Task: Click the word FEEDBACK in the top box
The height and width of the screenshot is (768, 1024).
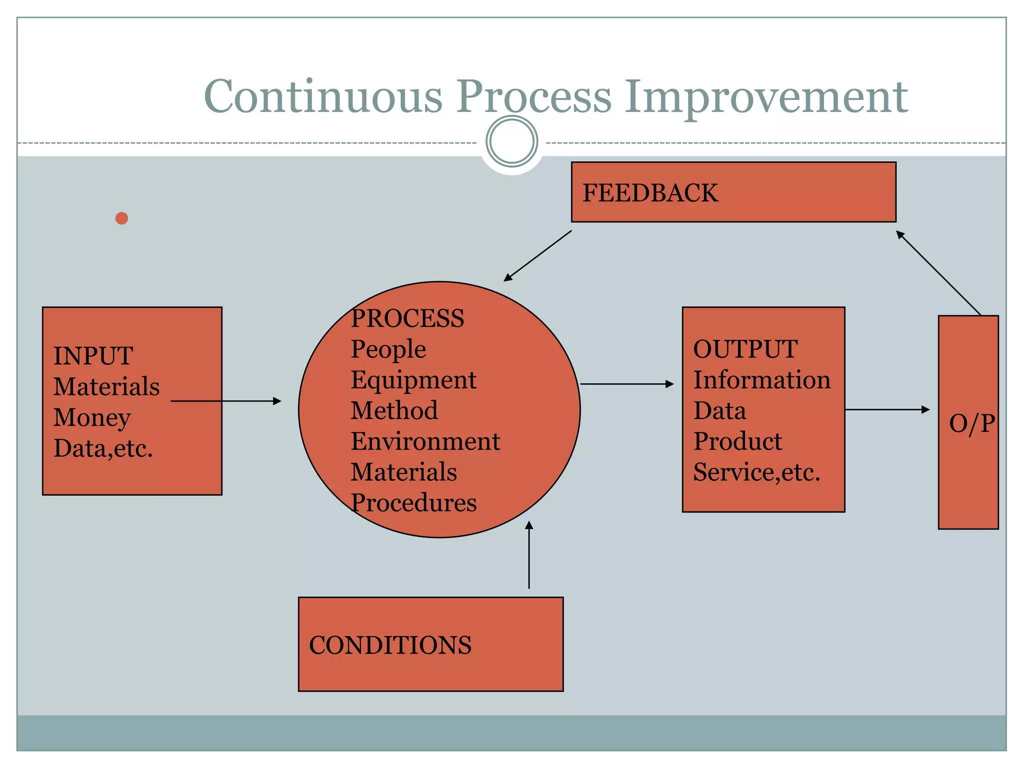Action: coord(650,193)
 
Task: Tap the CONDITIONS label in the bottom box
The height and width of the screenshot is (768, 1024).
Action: coord(390,645)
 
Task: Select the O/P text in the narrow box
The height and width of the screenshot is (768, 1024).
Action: coord(971,423)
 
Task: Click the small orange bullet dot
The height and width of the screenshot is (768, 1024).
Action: coord(121,218)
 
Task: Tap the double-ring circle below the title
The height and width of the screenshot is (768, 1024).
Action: coord(511,141)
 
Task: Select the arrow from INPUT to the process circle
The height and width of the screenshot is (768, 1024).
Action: coord(226,401)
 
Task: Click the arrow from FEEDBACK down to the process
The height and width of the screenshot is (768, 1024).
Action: coord(537,255)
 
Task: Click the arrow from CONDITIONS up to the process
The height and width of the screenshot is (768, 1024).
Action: coord(529,555)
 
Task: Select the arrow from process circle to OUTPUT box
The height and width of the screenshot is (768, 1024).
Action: coord(627,384)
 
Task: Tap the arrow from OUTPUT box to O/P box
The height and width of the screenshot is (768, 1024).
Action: coord(887,409)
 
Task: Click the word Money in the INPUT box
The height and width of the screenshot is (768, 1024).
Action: coord(92,417)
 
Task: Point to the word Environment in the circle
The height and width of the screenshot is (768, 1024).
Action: coord(425,441)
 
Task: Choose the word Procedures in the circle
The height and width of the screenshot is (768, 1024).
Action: coord(413,503)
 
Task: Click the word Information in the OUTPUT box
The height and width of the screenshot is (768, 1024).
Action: coord(761,380)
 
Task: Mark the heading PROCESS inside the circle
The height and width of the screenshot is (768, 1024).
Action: coord(407,318)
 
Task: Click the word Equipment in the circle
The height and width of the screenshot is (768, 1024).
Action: coord(413,380)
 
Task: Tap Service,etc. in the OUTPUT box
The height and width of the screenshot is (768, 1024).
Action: coord(756,472)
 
